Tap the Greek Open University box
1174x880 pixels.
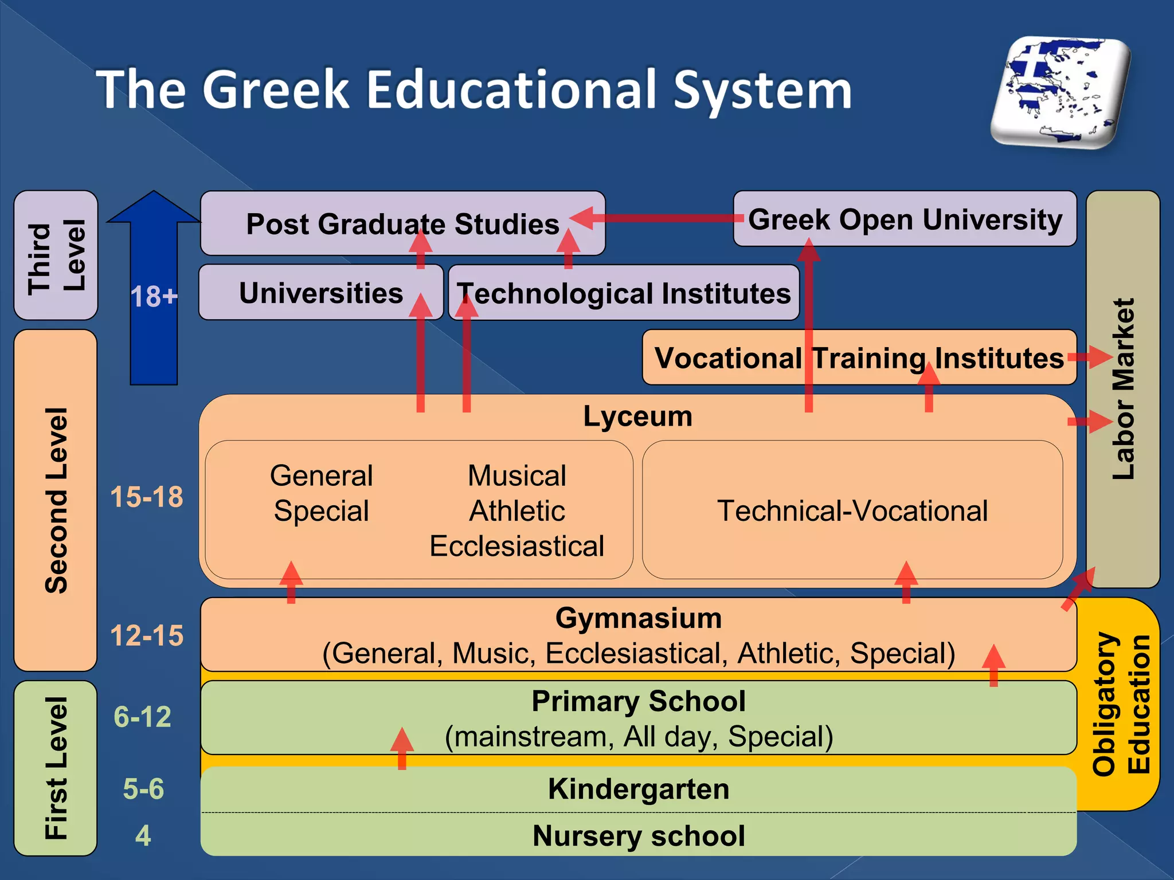point(905,219)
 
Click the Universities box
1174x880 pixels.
point(320,293)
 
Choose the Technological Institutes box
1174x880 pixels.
point(624,293)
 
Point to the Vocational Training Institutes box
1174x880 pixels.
point(859,358)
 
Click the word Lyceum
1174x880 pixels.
point(637,416)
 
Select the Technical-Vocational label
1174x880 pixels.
point(852,510)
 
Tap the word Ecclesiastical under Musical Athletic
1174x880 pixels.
point(516,546)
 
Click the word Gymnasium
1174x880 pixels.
point(638,618)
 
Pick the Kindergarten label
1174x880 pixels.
point(638,789)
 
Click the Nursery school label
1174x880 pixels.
point(638,835)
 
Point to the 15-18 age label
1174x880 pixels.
point(147,497)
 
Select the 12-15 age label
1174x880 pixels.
point(147,635)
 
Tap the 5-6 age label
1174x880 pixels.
point(143,789)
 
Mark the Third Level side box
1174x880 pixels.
point(56,256)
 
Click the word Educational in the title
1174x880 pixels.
point(511,90)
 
